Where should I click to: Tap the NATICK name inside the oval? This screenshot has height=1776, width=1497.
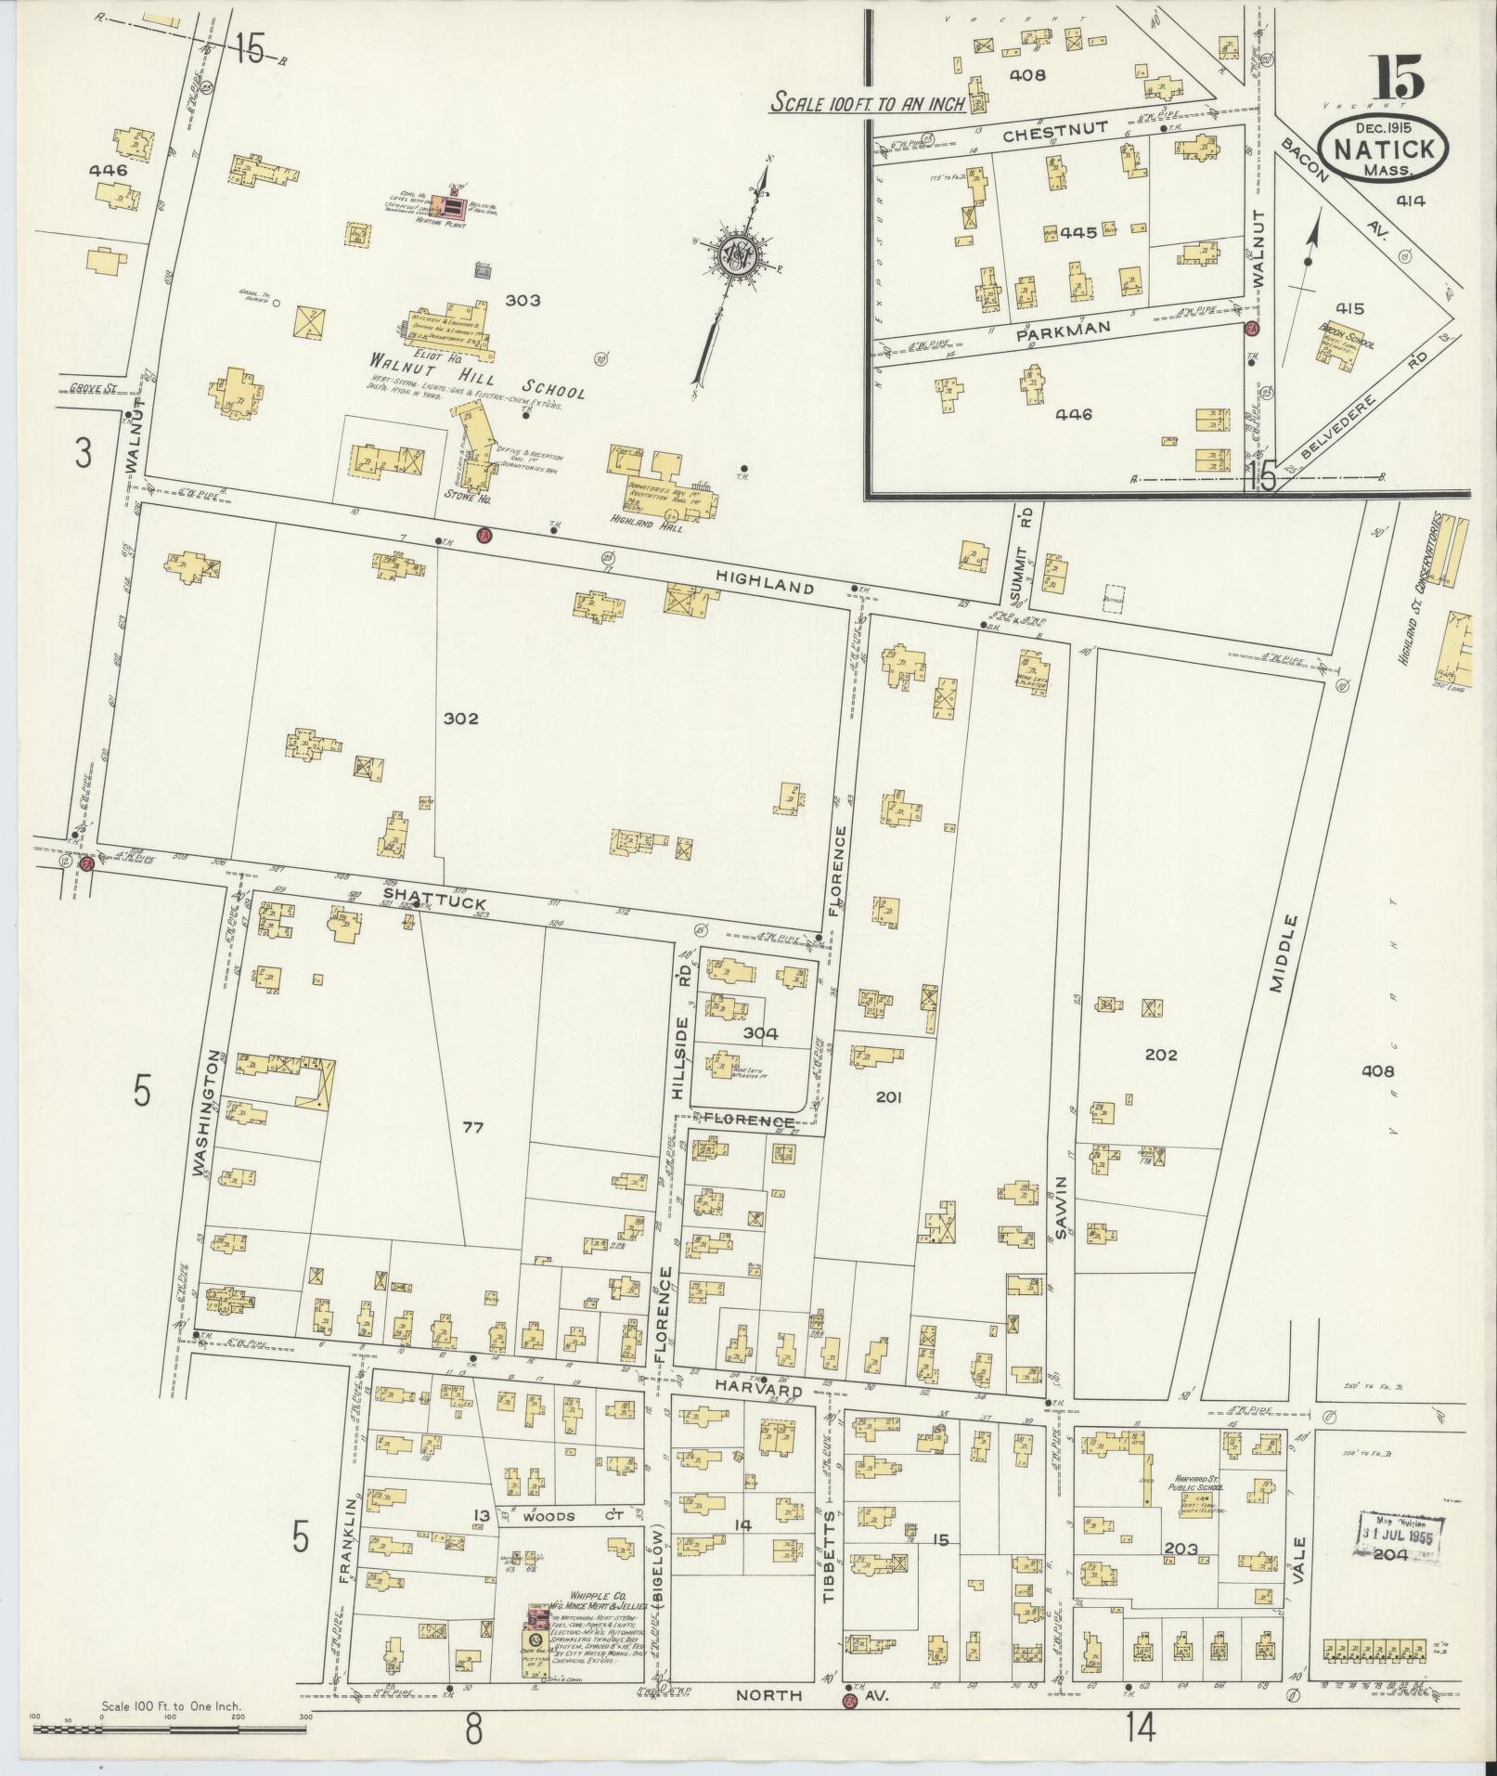coord(1389,149)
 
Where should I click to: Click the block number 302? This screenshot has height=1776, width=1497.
coord(460,718)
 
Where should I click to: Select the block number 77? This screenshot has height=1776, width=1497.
coord(473,1127)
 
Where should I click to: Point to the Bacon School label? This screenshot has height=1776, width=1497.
coord(1347,336)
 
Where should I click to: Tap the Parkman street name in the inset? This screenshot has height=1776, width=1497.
coord(1051,336)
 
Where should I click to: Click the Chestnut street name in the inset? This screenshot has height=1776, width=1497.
coord(1043,135)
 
